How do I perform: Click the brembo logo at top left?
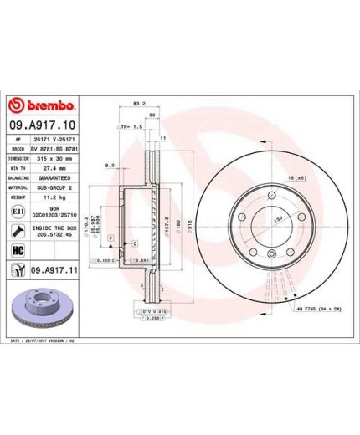[42, 105]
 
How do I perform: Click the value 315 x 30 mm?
[58, 156]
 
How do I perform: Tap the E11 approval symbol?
[18, 214]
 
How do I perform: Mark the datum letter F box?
[109, 238]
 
